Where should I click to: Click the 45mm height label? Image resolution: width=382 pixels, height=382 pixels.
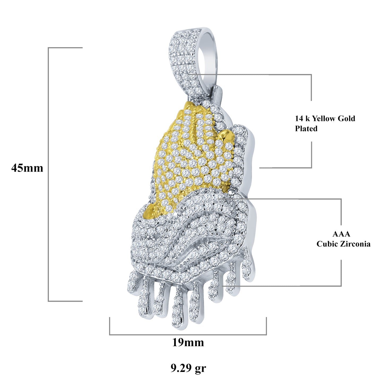coord(27,168)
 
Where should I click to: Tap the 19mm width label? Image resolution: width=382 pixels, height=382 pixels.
coord(188,342)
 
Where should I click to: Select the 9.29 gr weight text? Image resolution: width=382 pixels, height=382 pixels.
coord(188,368)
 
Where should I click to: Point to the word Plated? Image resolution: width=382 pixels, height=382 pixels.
coord(306,129)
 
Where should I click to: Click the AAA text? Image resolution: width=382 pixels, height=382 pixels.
coord(341,234)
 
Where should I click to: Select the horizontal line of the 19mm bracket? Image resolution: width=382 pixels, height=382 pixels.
coord(188,335)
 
